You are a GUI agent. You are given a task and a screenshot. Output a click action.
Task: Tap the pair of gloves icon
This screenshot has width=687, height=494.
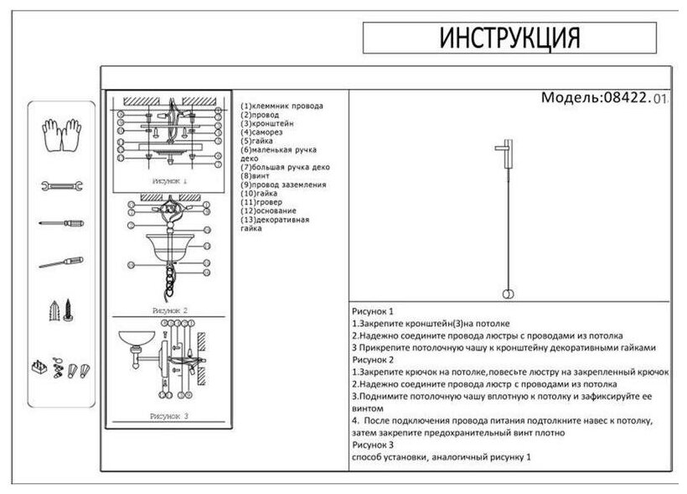pos(60,136)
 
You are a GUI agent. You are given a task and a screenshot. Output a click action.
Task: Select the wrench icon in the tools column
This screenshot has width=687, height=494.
pos(60,185)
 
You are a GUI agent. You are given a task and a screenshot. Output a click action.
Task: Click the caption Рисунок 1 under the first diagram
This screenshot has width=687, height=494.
pos(169,180)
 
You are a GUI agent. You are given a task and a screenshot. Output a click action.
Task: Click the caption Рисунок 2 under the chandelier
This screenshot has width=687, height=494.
pos(169,309)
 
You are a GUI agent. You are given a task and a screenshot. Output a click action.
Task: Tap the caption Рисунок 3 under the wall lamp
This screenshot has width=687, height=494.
pos(169,415)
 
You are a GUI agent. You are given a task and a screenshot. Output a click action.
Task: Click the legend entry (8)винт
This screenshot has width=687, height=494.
pos(256,175)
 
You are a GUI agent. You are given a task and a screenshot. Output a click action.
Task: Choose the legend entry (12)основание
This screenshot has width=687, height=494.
pos(269,211)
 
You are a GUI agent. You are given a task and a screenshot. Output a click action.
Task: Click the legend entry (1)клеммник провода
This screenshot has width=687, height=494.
pos(282,107)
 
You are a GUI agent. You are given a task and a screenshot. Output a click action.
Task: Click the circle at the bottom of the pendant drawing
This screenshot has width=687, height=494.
pos(508,293)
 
